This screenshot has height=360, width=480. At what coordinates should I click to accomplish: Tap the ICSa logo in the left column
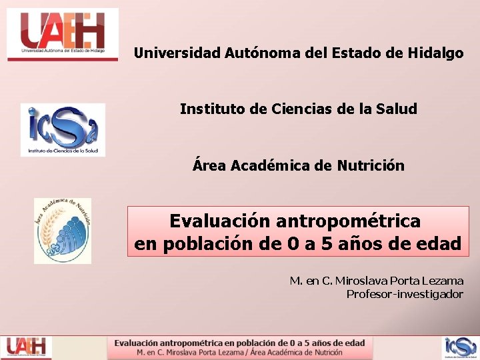tap(63, 129)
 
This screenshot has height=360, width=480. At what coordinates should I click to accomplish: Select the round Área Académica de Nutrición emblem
tap(63, 231)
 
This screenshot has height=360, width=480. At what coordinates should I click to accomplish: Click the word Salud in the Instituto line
tap(398, 109)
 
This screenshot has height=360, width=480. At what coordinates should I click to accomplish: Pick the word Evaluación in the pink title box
tap(220, 220)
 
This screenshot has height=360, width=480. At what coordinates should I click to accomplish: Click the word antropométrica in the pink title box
tap(348, 220)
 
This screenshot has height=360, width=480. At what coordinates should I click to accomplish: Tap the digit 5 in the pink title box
tap(327, 244)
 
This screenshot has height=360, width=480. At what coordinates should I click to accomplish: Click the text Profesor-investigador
tap(405, 294)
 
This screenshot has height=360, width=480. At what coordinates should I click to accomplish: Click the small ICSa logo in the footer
tap(461, 347)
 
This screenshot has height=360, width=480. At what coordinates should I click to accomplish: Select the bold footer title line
tap(239, 343)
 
